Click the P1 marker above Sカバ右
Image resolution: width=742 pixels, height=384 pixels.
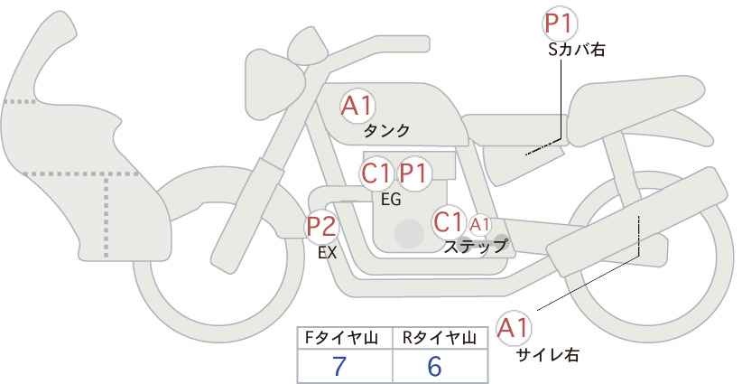click(561, 23)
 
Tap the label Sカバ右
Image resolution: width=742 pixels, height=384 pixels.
click(576, 51)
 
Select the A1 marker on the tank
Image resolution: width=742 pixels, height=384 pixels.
click(357, 107)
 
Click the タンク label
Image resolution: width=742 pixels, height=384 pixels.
click(386, 131)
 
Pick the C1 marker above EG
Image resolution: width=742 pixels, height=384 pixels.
click(376, 173)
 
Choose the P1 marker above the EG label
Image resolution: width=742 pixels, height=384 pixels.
click(415, 173)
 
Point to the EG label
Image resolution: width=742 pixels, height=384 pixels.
click(391, 200)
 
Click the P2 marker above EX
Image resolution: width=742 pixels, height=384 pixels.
click(322, 226)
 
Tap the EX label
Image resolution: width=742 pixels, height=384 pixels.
click(327, 253)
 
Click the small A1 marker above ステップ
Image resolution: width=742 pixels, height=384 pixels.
click(479, 224)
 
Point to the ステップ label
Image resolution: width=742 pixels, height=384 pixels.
click(476, 245)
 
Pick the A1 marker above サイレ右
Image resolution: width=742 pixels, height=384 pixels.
click(515, 327)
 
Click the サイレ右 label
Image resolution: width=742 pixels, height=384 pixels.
click(547, 355)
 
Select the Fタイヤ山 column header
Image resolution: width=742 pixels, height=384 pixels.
click(344, 338)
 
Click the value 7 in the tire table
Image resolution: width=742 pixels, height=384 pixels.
click(339, 366)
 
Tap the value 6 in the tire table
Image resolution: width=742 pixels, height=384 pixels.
click(434, 366)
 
